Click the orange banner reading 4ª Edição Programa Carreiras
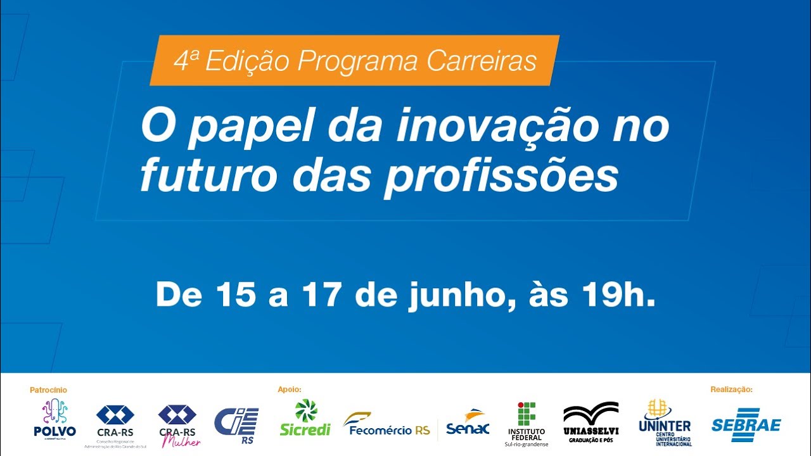[x=355, y=61]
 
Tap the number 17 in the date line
[x=322, y=295]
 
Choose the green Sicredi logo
[x=305, y=418]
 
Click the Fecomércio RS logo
[x=386, y=424]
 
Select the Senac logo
[x=468, y=423]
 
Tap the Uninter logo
[x=665, y=422]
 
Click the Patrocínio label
[x=48, y=390]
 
